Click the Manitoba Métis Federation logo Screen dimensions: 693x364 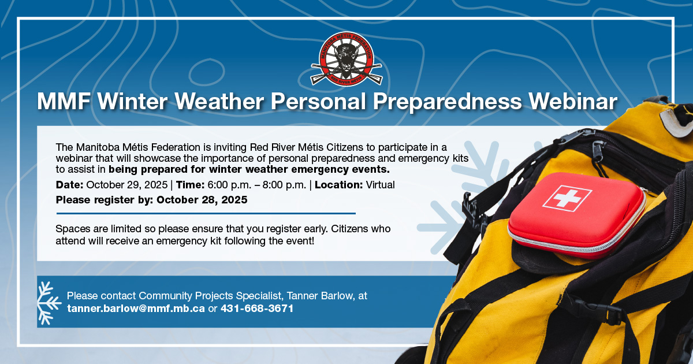coord(346,59)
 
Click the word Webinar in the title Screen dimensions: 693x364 coord(573,101)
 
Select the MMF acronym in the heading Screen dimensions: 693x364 coord(64,101)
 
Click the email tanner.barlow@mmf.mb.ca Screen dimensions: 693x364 coord(136,309)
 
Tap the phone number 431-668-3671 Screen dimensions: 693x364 coord(257,309)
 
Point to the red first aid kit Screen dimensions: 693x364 coord(577,216)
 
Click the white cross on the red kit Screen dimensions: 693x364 coord(567,198)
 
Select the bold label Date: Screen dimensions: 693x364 coord(70,185)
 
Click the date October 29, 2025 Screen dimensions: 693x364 coord(127,185)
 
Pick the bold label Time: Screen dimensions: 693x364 coord(190,185)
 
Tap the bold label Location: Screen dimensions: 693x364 coord(339,185)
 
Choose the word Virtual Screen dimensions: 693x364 coord(380,185)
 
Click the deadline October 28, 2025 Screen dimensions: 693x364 coord(202,200)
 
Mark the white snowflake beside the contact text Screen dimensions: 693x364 coord(49,303)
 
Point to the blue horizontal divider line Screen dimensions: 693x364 coord(206,213)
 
